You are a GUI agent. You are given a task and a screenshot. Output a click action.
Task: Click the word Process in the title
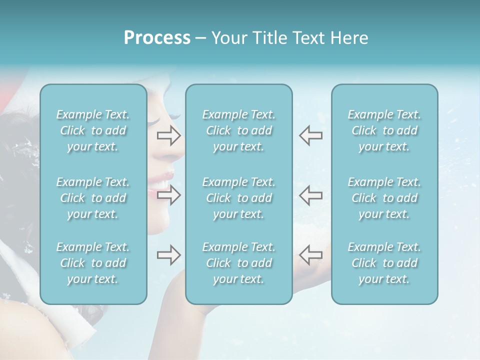point(157,38)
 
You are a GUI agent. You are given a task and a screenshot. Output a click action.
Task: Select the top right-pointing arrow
point(168,135)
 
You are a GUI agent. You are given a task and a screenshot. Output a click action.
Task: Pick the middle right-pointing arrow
point(168,195)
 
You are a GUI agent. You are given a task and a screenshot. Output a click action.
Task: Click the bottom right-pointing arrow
point(168,255)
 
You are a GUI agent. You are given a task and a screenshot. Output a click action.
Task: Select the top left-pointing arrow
point(310,135)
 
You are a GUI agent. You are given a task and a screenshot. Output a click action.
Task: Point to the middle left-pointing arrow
point(310,195)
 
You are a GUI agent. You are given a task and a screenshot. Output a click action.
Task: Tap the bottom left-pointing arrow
point(310,255)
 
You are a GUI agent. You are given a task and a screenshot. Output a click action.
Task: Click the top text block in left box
point(93,130)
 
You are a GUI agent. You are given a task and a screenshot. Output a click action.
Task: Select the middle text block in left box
point(93,198)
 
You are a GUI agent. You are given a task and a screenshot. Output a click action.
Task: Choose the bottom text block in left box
point(93,263)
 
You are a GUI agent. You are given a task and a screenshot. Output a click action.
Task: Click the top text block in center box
point(239,130)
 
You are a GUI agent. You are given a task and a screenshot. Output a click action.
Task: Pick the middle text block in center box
point(239,198)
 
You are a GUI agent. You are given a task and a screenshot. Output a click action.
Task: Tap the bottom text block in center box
point(239,263)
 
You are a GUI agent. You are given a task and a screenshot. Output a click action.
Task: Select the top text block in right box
point(384,130)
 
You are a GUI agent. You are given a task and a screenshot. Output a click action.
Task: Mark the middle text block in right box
point(384,198)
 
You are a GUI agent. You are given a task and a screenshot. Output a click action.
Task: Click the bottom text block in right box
point(384,263)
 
